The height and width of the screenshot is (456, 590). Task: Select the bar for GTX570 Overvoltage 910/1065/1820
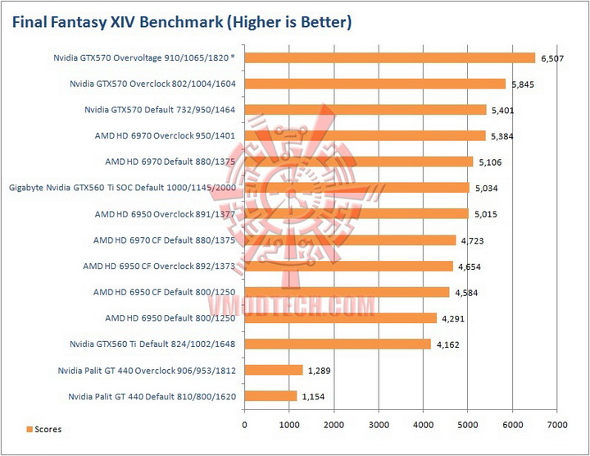(389, 57)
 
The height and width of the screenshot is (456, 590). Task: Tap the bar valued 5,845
(374, 84)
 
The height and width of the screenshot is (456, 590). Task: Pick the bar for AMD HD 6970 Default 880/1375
(358, 162)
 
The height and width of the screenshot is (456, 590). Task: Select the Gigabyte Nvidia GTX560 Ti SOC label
(122, 188)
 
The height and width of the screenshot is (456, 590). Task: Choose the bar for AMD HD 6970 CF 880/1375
(350, 240)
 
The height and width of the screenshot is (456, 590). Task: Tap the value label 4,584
(468, 293)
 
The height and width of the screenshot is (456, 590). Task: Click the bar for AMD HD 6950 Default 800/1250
(340, 318)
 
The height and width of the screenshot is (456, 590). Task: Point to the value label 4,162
(449, 345)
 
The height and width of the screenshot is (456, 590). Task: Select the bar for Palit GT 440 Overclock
(274, 370)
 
